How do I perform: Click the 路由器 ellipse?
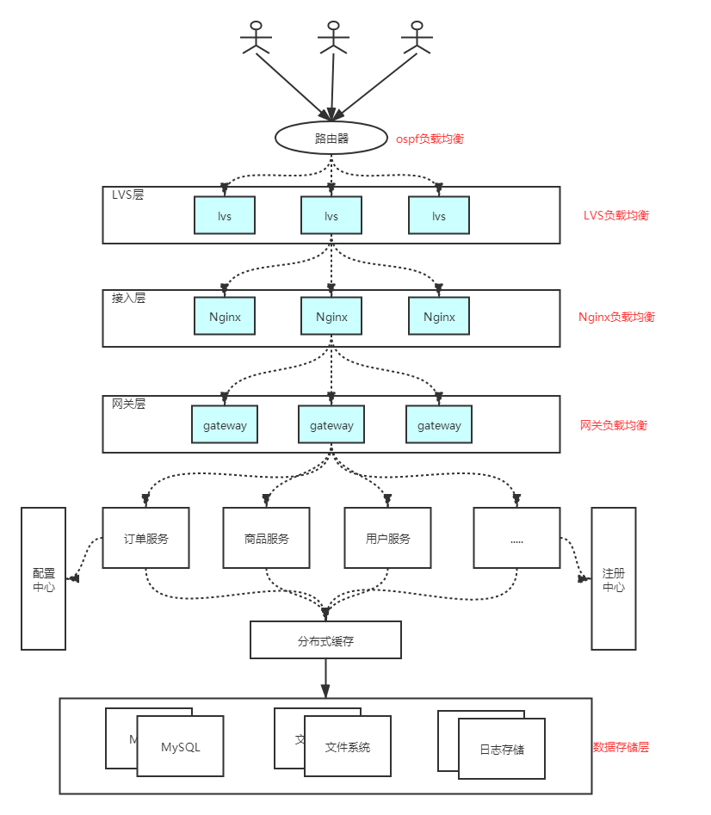click(331, 138)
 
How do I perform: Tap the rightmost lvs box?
click(439, 215)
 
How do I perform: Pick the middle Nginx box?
click(331, 317)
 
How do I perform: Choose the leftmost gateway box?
click(225, 425)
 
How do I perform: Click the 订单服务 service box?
click(145, 538)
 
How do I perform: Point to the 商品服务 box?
click(266, 538)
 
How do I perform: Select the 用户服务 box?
click(387, 538)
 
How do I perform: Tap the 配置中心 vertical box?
click(43, 578)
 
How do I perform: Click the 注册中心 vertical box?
click(614, 578)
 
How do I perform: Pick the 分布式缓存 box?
click(325, 640)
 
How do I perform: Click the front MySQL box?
click(180, 747)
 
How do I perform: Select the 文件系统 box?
click(347, 747)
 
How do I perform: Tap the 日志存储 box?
click(502, 749)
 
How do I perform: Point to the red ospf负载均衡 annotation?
click(430, 139)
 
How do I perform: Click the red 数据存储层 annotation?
click(621, 747)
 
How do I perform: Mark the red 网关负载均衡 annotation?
click(614, 425)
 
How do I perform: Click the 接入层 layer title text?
click(128, 299)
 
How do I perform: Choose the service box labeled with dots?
click(516, 538)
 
